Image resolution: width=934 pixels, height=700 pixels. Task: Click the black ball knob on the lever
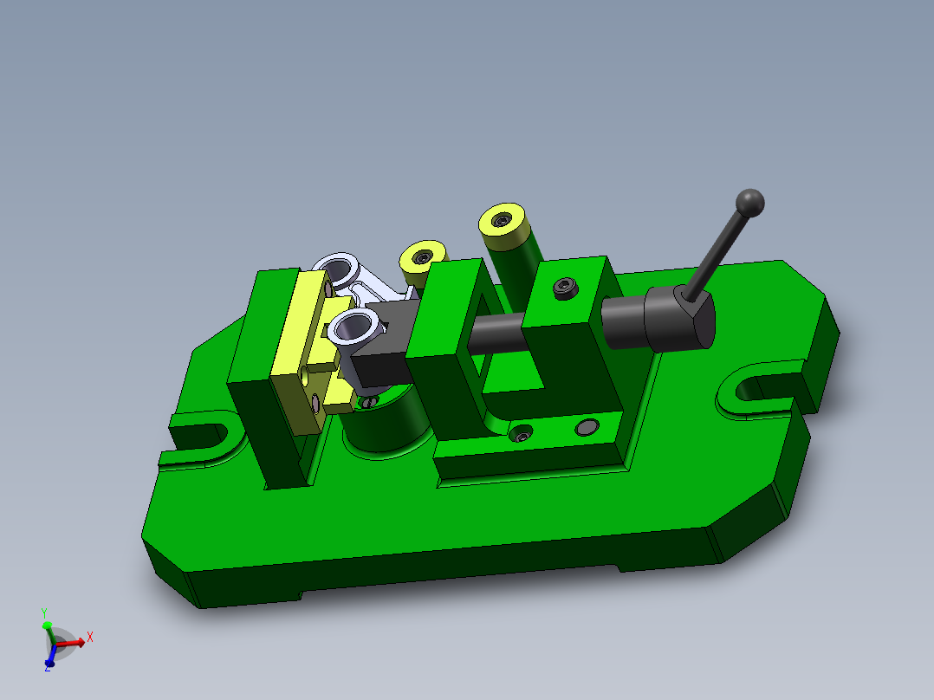[x=750, y=203]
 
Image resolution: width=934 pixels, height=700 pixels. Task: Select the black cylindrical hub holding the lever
[x=679, y=320]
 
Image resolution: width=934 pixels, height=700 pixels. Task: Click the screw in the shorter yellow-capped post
[x=422, y=256]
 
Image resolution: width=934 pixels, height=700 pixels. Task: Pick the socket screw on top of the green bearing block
[x=565, y=287]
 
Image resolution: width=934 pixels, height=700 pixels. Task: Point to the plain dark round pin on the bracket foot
[x=587, y=427]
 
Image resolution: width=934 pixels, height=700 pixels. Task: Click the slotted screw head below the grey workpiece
[x=371, y=400]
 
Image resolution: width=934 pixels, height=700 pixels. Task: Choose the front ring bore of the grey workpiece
[x=353, y=327]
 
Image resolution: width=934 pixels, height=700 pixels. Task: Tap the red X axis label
[x=90, y=637]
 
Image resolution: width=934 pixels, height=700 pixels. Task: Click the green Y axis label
[x=44, y=612]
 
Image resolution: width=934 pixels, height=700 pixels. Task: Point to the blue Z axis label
[x=48, y=667]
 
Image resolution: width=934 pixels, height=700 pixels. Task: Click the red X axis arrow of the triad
[x=73, y=642]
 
